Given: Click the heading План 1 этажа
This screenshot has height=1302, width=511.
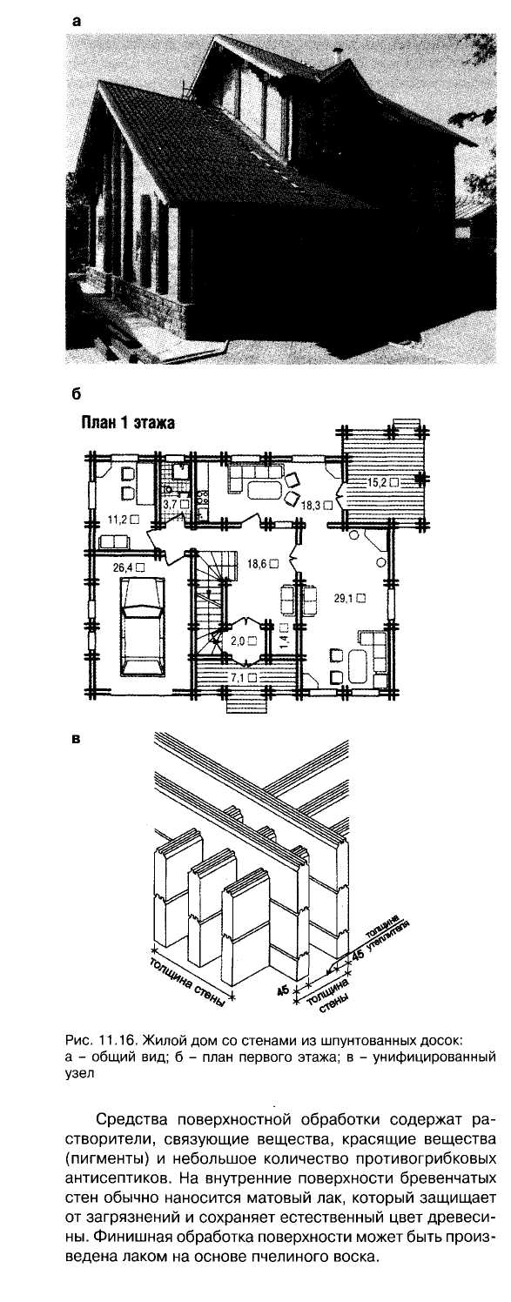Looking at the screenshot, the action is click(127, 423).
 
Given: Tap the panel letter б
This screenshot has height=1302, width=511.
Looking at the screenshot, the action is click(75, 393).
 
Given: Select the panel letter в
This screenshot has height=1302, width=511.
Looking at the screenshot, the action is click(75, 740).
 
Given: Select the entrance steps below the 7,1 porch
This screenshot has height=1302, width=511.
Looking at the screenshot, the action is click(246, 697).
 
